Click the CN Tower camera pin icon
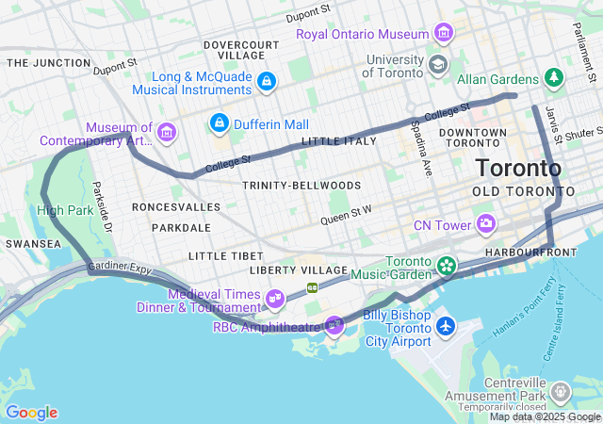click(486, 223)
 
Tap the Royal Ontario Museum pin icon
click(443, 35)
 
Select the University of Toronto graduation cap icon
click(437, 64)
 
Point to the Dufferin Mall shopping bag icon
click(220, 122)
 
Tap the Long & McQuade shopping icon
click(267, 82)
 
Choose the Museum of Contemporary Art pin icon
click(168, 131)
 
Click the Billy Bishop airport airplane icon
click(446, 326)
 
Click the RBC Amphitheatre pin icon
click(334, 326)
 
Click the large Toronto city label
click(518, 169)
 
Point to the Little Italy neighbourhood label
click(338, 140)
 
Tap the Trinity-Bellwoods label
click(301, 185)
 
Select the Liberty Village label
click(301, 270)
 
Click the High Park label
click(64, 209)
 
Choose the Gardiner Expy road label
click(121, 269)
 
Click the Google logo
click(31, 413)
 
